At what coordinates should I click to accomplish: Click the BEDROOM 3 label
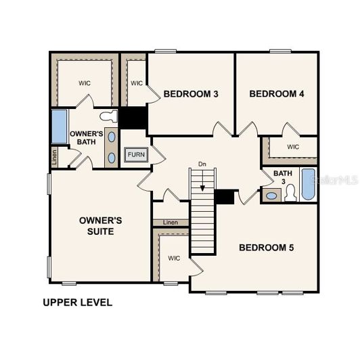point(190,93)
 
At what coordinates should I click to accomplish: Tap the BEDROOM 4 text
point(277,93)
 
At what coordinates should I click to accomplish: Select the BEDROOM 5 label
point(266,248)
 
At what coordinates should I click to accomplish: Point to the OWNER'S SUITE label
point(100,226)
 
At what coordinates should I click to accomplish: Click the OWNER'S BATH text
point(87,138)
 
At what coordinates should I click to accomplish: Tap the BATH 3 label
point(283,178)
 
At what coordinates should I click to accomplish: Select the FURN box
point(136,155)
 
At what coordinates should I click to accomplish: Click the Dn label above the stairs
point(202,164)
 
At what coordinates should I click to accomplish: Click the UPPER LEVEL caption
point(78,302)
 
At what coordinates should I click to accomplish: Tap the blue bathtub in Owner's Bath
point(60,127)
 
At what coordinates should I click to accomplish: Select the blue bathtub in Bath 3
point(309,185)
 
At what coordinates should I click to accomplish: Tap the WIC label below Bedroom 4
point(293,147)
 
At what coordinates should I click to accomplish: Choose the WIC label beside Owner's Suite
point(174,258)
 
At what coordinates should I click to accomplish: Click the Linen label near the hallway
point(171,223)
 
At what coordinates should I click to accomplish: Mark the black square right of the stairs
point(224,197)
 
